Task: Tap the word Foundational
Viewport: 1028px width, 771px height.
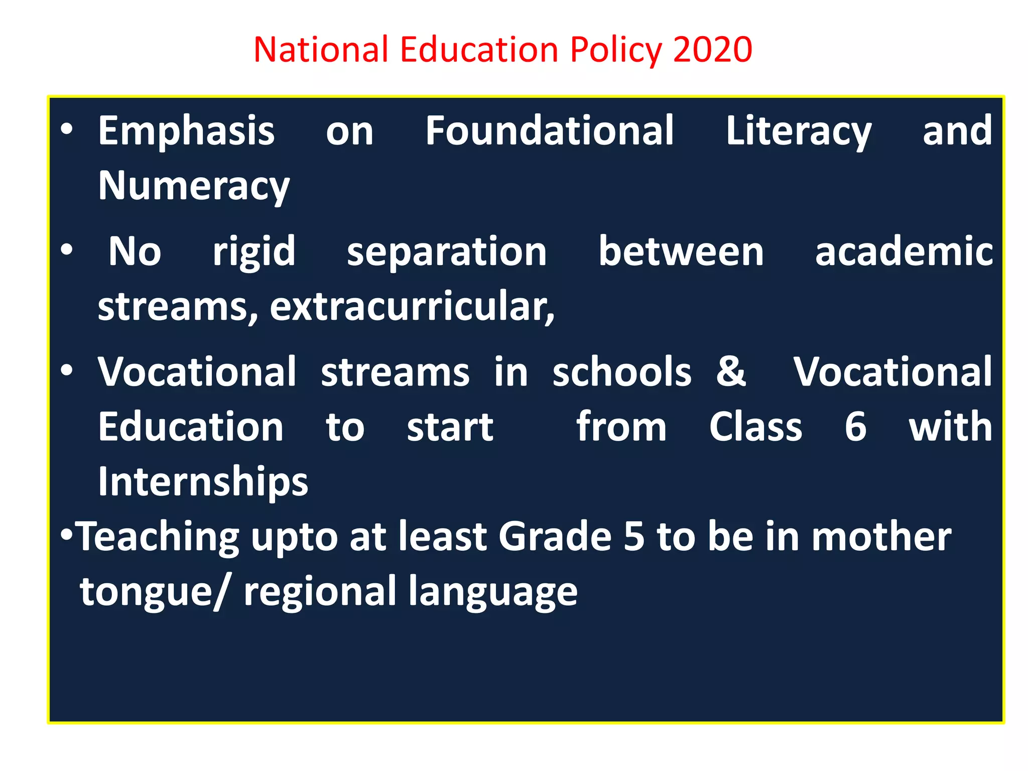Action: click(550, 131)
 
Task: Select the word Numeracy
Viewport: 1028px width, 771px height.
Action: click(194, 186)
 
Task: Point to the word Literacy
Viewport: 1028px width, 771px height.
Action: click(799, 132)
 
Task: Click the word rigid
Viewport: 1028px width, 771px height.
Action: click(254, 252)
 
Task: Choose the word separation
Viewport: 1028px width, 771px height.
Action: click(447, 252)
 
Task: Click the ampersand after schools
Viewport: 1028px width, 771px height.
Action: click(731, 371)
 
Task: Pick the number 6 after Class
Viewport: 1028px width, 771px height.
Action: click(855, 427)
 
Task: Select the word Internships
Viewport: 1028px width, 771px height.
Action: click(203, 482)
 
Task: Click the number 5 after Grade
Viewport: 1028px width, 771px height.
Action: click(634, 536)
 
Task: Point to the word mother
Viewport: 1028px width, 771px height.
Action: click(881, 536)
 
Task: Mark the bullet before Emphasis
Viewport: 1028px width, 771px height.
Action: click(67, 130)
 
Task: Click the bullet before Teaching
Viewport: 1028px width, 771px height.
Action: click(67, 535)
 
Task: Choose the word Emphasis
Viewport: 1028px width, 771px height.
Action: click(186, 132)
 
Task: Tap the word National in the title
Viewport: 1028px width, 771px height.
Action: click(321, 50)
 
